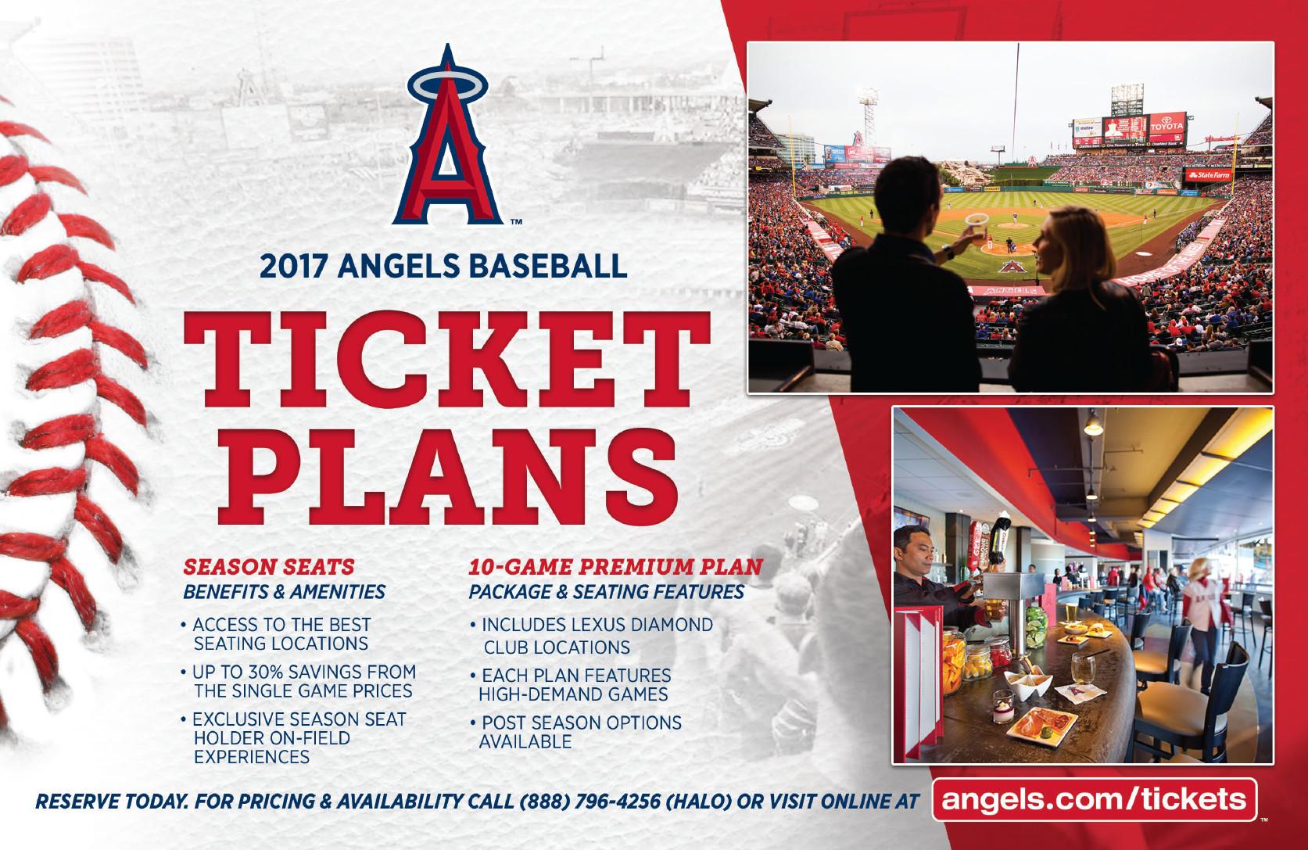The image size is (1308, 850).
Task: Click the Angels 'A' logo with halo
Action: (448, 138)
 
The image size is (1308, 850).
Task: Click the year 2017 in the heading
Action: (293, 267)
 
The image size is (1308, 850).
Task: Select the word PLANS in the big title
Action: (447, 477)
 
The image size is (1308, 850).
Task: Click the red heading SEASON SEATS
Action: (269, 567)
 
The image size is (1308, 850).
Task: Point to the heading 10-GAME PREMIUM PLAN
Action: (615, 567)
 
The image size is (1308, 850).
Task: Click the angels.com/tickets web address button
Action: (1095, 799)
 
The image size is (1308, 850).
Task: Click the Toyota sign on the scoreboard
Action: (1167, 126)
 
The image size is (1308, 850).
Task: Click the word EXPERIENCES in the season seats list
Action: (252, 757)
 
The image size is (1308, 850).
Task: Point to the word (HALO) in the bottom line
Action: (698, 802)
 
